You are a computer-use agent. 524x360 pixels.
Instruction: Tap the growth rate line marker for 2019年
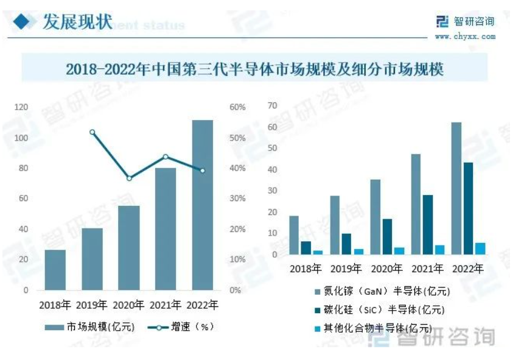tap(92, 132)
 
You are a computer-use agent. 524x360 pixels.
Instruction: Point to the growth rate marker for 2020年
tap(129, 178)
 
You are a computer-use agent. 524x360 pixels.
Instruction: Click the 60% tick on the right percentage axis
tap(237, 107)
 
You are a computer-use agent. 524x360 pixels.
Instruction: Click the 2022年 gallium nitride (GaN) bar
tap(456, 188)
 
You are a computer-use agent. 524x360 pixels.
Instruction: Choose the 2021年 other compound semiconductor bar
tap(439, 250)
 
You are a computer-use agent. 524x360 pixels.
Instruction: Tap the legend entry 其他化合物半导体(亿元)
tap(381, 328)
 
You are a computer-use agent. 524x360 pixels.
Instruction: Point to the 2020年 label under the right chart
tap(387, 268)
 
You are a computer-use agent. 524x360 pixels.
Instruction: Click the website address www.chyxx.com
tap(464, 37)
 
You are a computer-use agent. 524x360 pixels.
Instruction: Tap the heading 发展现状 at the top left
tap(78, 23)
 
